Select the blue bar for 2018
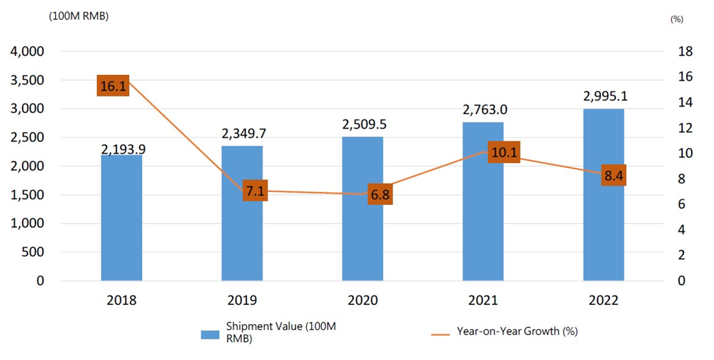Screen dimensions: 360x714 [x=121, y=218]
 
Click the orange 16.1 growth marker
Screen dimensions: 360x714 [x=113, y=86]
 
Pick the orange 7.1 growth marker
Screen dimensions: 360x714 [x=255, y=191]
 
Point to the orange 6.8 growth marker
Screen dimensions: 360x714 [x=380, y=194]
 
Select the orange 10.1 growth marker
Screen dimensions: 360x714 [x=505, y=152]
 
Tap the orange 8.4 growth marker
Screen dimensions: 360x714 [x=613, y=174]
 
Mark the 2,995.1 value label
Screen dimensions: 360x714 [x=603, y=96]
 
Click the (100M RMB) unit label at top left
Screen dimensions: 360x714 [x=79, y=18]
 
